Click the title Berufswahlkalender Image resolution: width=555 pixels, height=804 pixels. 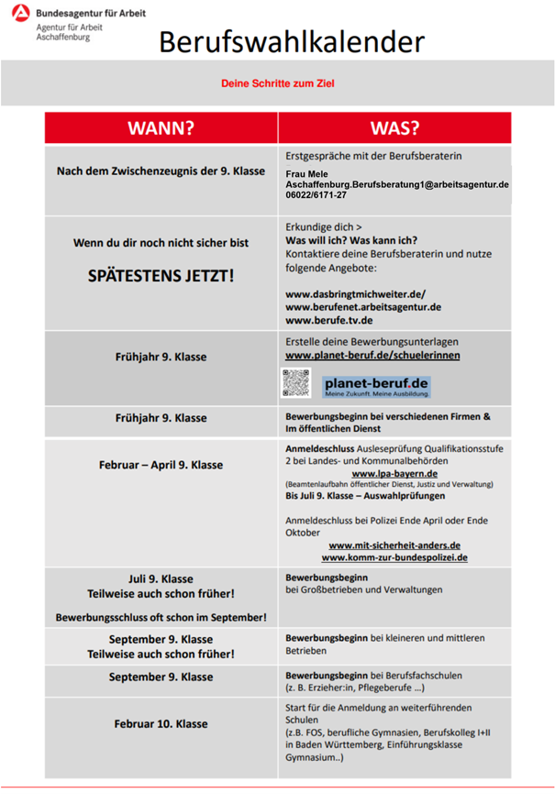[292, 42]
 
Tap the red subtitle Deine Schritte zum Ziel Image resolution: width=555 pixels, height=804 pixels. [277, 83]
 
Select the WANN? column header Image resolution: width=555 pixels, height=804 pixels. [161, 127]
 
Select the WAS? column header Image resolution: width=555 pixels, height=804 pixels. [394, 127]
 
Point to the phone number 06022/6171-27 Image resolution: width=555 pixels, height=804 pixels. [316, 195]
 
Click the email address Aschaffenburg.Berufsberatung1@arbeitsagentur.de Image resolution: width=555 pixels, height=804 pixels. [397, 184]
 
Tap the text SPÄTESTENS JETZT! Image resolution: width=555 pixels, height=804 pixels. [161, 274]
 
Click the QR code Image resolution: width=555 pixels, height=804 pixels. [296, 383]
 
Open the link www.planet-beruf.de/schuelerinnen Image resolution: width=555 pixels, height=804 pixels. [372, 355]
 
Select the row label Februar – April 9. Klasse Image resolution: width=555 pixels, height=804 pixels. [161, 465]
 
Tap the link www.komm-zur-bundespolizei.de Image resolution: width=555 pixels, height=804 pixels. [394, 556]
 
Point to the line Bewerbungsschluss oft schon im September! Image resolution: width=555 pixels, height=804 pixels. [161, 618]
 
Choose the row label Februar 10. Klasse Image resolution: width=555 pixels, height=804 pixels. [161, 723]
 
